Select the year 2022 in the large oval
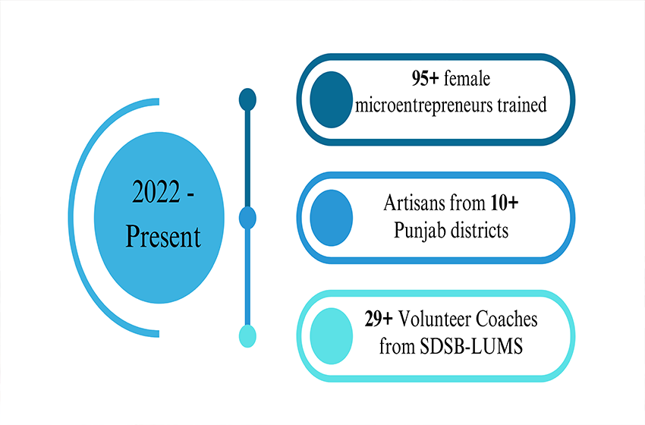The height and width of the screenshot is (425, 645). [156, 194]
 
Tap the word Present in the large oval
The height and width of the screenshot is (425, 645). [163, 237]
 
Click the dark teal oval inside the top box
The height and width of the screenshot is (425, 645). [332, 98]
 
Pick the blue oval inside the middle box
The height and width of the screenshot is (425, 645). [332, 218]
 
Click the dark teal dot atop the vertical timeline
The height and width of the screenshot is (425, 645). [247, 99]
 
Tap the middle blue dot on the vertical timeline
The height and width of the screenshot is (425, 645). [247, 219]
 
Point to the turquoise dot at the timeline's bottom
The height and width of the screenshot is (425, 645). [247, 335]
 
